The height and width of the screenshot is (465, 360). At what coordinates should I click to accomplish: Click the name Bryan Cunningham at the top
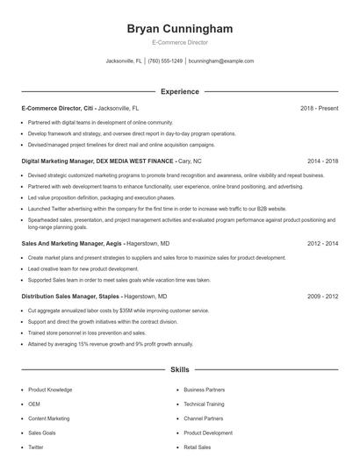click(179, 27)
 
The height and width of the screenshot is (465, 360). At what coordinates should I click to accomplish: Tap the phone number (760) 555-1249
click(165, 61)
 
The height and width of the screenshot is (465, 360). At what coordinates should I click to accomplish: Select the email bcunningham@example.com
click(221, 61)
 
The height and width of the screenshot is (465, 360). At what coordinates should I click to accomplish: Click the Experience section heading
click(179, 91)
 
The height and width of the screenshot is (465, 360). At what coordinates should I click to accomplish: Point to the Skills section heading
click(179, 370)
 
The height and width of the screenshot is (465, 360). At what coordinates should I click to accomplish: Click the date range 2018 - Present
click(319, 108)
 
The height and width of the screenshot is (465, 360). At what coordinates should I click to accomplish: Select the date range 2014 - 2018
click(322, 161)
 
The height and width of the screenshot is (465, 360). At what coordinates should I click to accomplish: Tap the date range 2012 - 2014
click(322, 242)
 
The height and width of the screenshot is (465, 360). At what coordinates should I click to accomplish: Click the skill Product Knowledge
click(50, 389)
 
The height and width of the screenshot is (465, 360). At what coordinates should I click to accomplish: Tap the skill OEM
click(34, 404)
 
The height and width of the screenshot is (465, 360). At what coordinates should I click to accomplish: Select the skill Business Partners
click(204, 389)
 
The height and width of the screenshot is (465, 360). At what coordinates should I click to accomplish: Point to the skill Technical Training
click(204, 404)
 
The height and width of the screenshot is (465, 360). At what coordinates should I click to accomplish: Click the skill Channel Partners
click(203, 418)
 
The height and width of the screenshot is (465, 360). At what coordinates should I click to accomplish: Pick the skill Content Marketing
click(48, 418)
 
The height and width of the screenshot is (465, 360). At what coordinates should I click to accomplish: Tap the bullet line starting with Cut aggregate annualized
click(119, 311)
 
